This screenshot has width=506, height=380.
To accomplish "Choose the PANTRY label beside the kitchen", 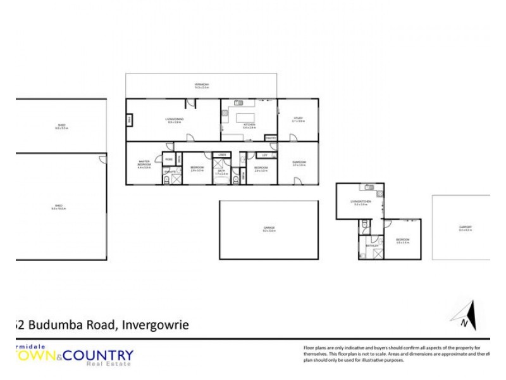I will (271, 137).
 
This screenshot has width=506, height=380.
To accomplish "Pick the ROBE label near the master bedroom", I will (168, 160).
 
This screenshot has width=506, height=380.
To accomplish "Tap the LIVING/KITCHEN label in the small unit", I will (361, 202).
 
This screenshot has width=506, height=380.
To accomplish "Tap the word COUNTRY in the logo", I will (104, 355).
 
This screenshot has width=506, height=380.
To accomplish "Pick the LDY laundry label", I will (264, 155).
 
